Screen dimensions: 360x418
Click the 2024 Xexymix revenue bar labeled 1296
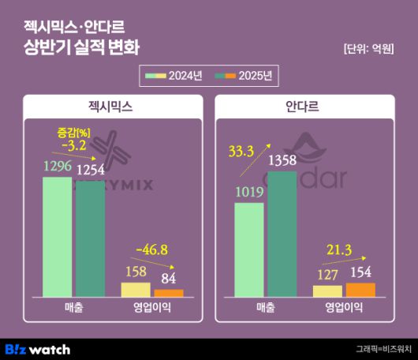click(x=57, y=237)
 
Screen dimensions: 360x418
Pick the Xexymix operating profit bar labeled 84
click(x=169, y=293)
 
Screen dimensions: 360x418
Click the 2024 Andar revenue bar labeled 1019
click(x=249, y=249)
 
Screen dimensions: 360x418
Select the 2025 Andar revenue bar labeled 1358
click(x=282, y=234)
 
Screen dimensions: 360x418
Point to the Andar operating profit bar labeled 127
click(x=327, y=291)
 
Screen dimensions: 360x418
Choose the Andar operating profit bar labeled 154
click(x=360, y=290)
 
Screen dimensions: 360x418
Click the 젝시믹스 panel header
click(x=110, y=106)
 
